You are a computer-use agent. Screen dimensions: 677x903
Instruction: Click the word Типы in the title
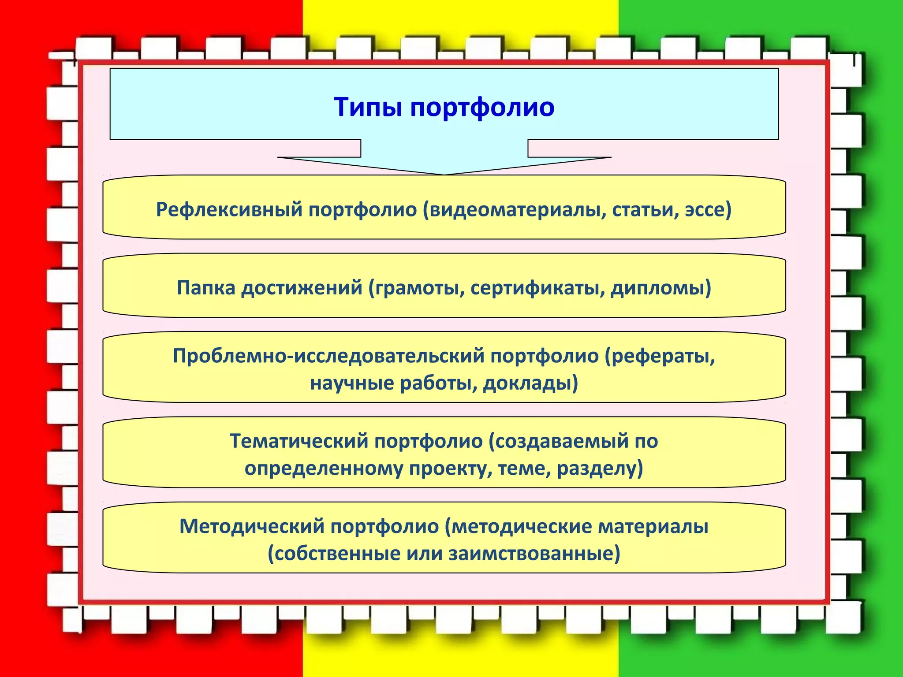pyautogui.click(x=368, y=107)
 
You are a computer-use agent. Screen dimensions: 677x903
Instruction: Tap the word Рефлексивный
pyautogui.click(x=229, y=209)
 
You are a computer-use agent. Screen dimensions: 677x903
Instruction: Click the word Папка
pyautogui.click(x=206, y=288)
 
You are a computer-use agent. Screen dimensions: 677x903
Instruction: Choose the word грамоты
pyautogui.click(x=417, y=288)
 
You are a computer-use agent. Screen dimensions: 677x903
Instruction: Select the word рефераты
pyautogui.click(x=660, y=356)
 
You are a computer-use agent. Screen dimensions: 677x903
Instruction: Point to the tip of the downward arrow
pyautogui.click(x=444, y=174)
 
